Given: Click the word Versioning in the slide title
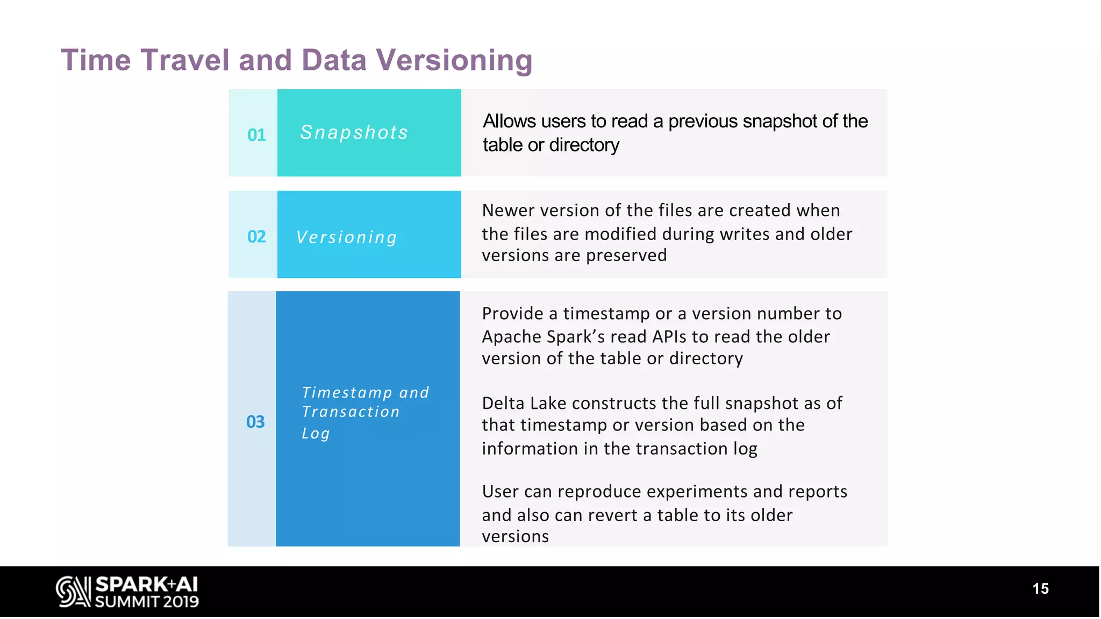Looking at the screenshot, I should point(454,60).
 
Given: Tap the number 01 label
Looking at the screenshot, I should point(256,135).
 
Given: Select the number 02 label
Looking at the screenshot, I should point(256,236).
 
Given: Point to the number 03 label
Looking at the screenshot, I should point(255,422).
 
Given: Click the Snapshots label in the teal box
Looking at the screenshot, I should point(354,133).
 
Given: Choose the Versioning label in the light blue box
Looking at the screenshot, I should point(347,237).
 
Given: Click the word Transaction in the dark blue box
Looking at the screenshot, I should point(351,412).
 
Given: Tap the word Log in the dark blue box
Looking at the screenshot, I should point(316,433).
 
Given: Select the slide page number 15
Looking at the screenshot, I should point(1040,589).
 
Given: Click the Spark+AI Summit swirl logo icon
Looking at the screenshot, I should point(73,592).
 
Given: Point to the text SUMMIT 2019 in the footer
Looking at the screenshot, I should point(147,602).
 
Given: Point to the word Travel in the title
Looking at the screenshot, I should point(185,60).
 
